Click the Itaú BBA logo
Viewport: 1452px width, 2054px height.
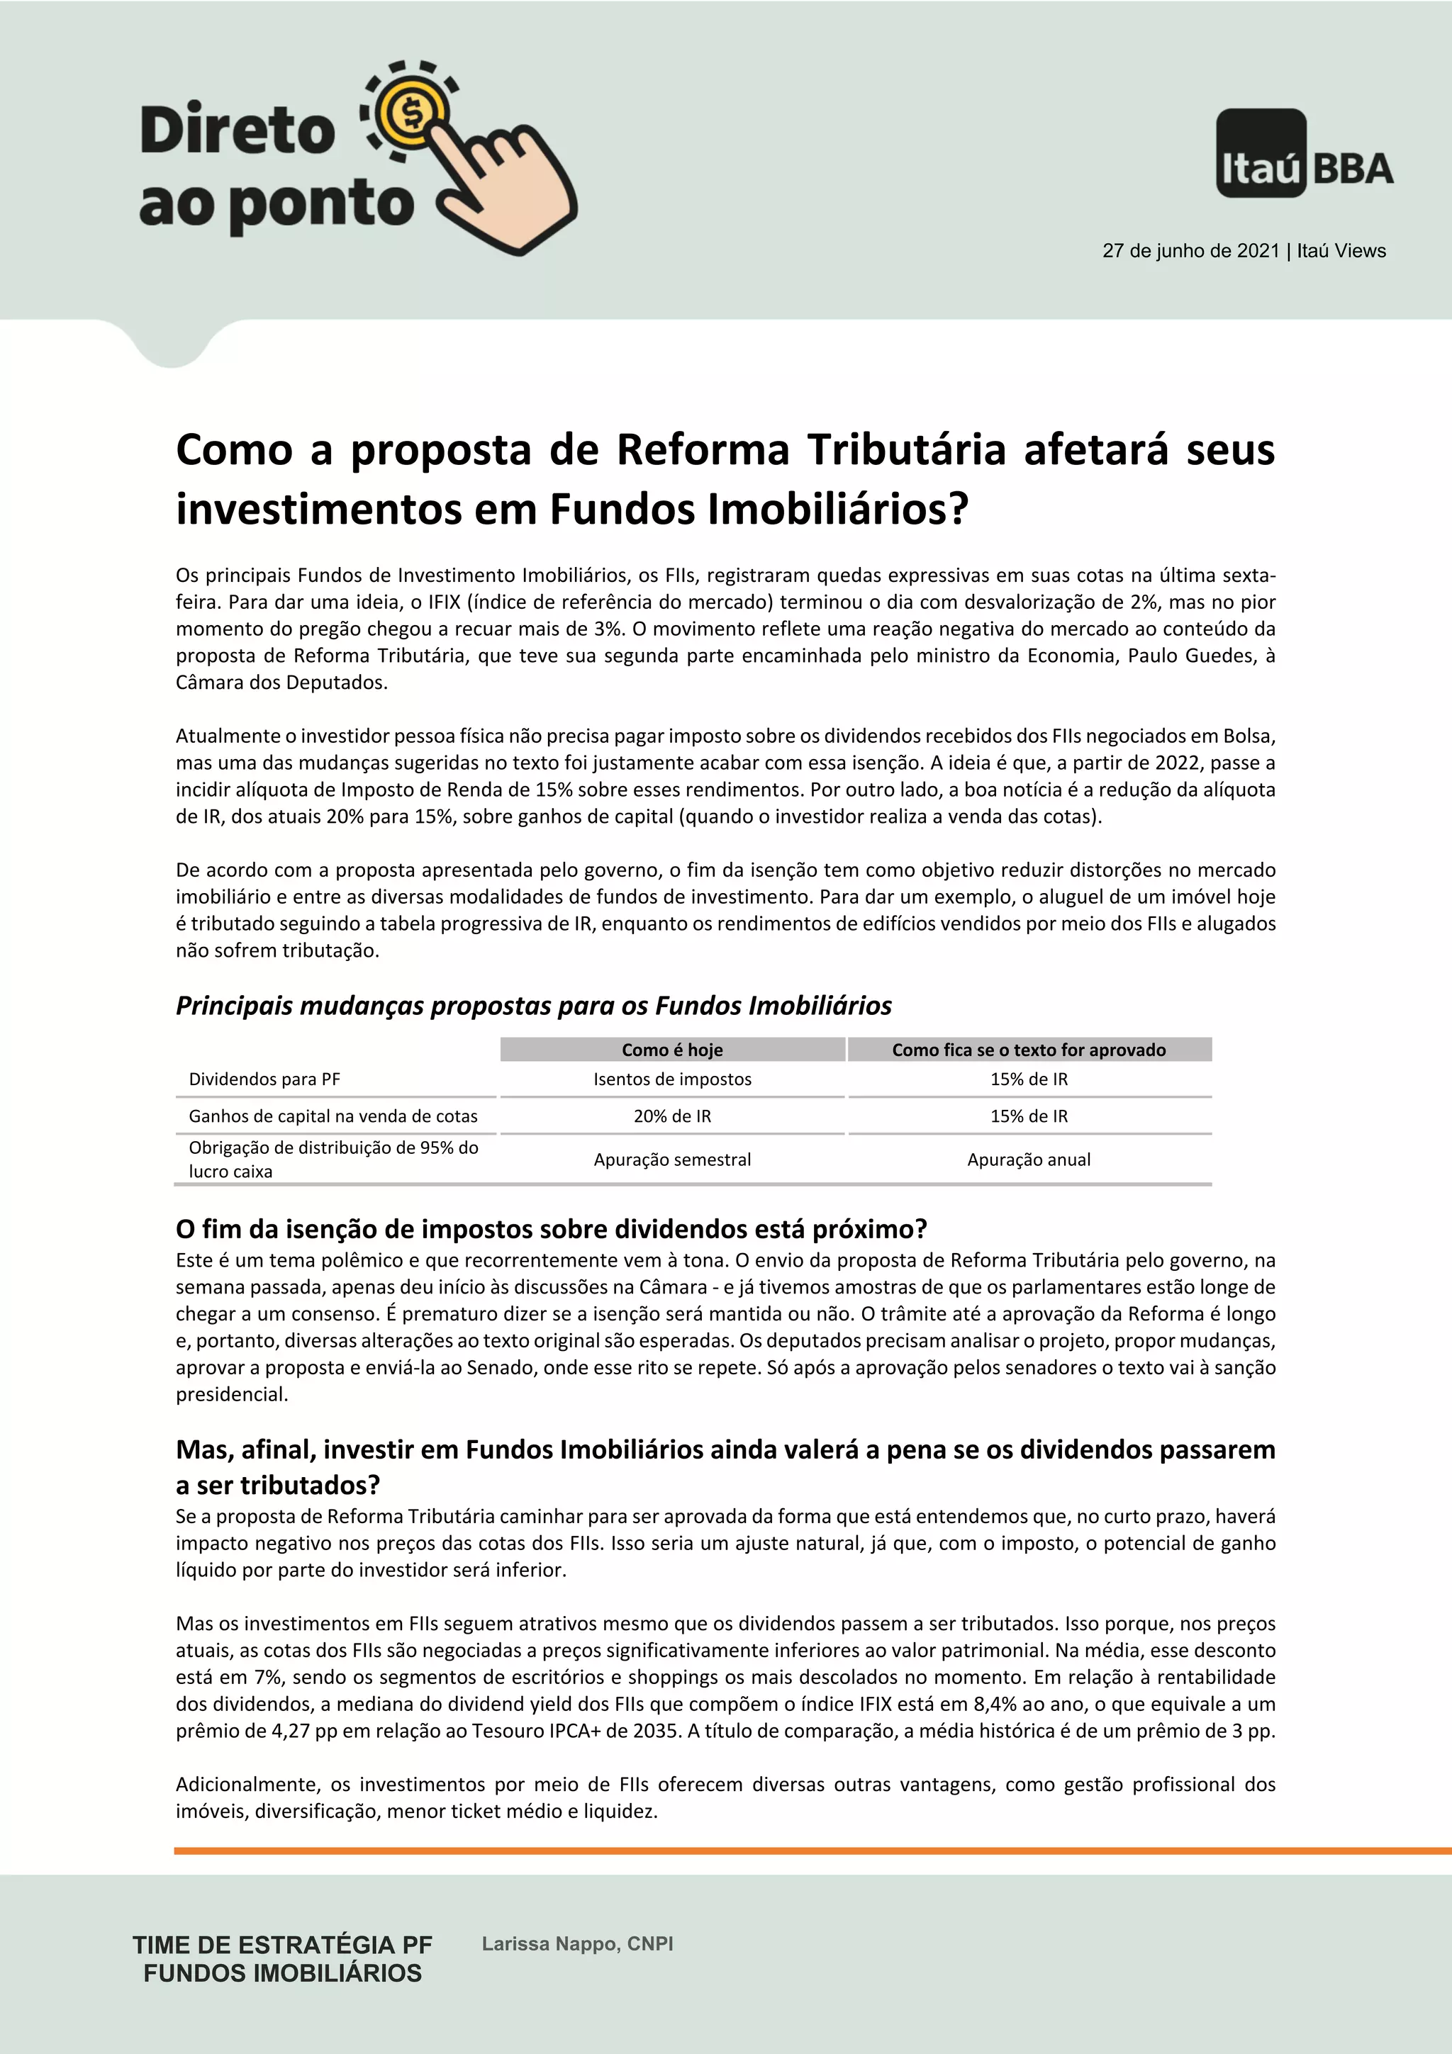1305,154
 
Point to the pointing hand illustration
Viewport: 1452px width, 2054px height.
506,184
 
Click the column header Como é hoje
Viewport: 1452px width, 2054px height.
672,1050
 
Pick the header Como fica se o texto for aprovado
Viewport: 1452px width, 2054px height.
1029,1050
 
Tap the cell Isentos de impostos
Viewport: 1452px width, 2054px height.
672,1079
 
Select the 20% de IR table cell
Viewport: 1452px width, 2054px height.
672,1116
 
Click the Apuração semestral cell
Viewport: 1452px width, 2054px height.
672,1160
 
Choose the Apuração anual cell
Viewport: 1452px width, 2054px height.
1029,1160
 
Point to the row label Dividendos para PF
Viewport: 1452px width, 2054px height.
265,1079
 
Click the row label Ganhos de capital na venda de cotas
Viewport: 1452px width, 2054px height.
333,1116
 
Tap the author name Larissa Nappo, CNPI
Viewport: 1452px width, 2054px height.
577,1944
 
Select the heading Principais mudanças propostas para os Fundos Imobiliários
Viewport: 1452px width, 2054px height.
533,1006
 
